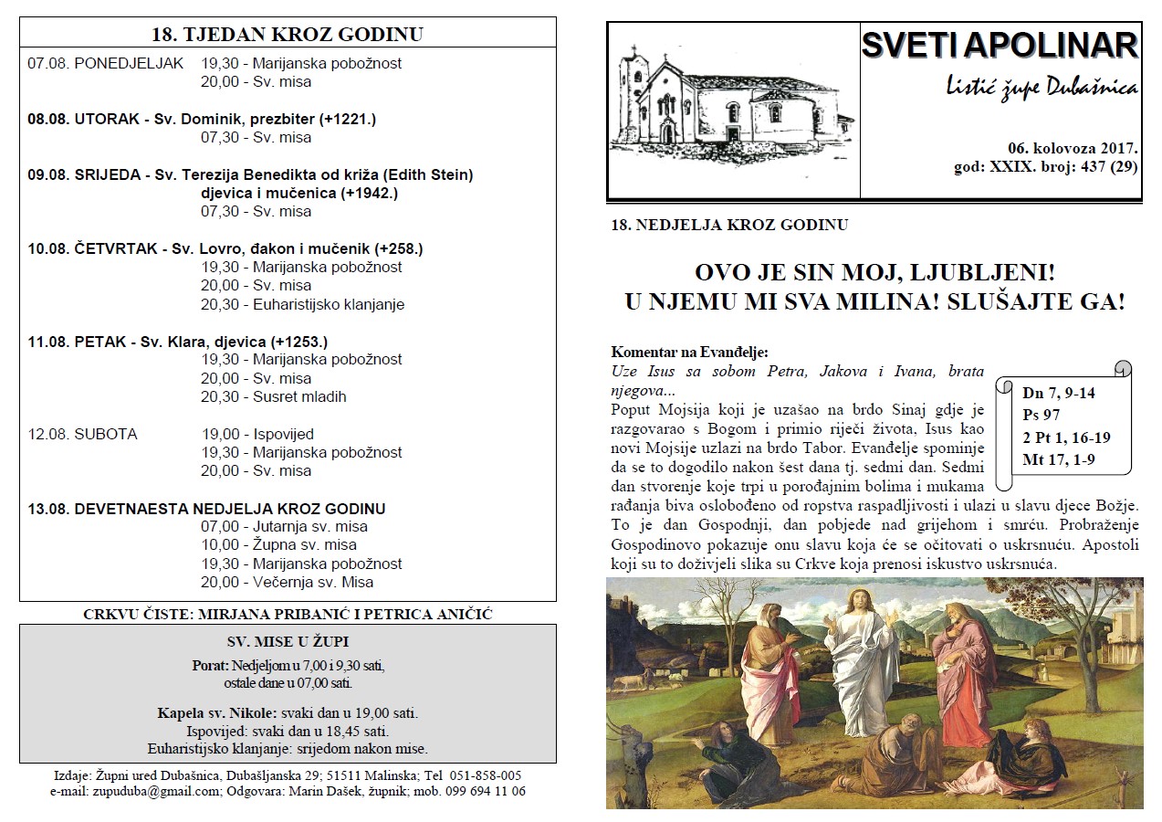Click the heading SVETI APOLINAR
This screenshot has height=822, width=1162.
click(1000, 46)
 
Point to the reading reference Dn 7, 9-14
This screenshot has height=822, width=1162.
click(1059, 394)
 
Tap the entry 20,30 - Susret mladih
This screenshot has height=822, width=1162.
click(274, 396)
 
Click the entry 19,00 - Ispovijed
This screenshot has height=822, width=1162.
click(257, 434)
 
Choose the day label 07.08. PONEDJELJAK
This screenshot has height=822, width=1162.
click(105, 63)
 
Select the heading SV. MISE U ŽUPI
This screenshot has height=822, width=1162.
click(288, 641)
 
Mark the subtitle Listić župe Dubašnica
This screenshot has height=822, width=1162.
click(1041, 88)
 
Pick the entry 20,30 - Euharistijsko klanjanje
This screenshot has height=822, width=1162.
click(302, 304)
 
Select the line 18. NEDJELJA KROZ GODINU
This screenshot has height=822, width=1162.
click(729, 225)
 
